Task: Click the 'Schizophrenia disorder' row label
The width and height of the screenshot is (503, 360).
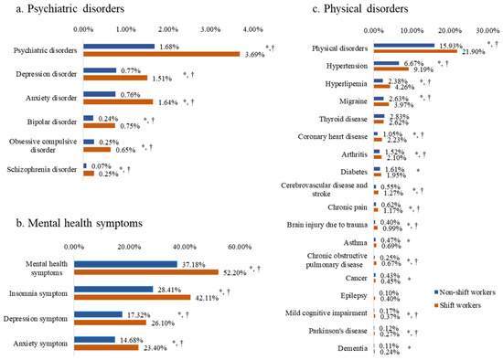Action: point(41,171)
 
